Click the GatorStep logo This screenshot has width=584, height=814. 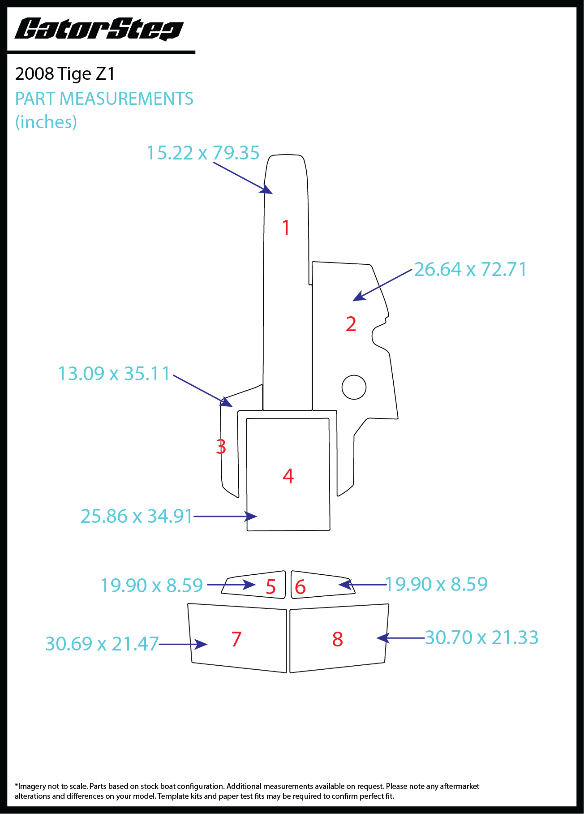[99, 30]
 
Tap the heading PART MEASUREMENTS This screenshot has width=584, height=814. [104, 99]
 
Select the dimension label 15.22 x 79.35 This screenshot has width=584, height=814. [203, 153]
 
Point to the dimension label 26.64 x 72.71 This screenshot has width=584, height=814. [470, 269]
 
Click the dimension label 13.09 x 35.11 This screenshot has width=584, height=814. [114, 374]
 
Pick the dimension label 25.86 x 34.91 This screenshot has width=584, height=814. [137, 516]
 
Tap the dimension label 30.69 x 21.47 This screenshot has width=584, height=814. [102, 644]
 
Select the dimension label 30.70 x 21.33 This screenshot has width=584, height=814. [481, 637]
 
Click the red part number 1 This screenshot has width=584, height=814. [286, 228]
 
